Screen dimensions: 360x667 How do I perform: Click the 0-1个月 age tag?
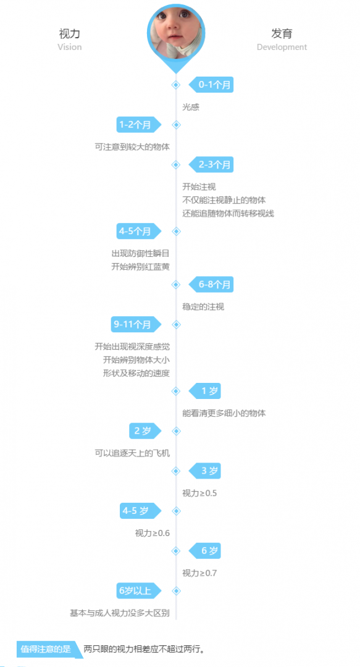click(x=211, y=85)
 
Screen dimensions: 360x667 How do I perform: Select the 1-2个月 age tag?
click(x=139, y=125)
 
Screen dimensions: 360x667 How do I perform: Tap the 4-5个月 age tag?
click(x=139, y=231)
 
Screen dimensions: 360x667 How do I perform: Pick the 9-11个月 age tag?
click(x=136, y=324)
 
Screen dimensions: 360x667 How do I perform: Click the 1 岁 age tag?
click(x=205, y=390)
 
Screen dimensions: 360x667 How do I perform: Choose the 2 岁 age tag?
click(x=146, y=430)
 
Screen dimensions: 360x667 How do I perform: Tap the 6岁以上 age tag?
click(x=139, y=590)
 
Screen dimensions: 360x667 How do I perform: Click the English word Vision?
click(x=69, y=47)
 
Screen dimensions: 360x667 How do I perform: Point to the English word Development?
click(x=282, y=47)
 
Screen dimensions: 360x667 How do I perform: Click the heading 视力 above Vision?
click(x=69, y=33)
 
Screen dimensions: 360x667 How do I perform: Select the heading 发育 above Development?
click(x=282, y=33)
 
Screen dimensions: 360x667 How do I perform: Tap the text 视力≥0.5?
click(x=199, y=493)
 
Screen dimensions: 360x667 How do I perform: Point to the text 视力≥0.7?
click(x=199, y=573)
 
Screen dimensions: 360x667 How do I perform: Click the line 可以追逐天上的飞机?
click(x=132, y=453)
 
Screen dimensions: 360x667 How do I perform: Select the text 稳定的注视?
click(x=203, y=307)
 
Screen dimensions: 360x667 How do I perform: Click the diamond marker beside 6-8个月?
click(x=176, y=284)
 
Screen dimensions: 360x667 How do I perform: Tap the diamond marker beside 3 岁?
click(x=176, y=471)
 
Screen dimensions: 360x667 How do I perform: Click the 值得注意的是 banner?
click(x=48, y=649)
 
